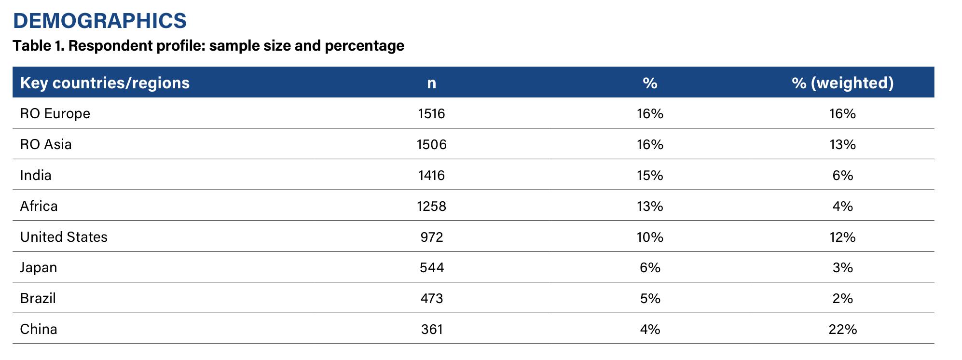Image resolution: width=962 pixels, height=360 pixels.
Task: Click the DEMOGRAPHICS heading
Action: pos(100,21)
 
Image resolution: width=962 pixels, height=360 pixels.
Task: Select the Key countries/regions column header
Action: pos(105,83)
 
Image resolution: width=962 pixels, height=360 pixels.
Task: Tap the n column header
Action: pos(432,83)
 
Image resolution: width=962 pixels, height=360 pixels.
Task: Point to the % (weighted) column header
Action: pos(842,83)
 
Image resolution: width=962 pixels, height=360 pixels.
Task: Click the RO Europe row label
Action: pos(55,114)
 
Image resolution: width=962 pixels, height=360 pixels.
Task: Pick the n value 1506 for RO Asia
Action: pos(432,145)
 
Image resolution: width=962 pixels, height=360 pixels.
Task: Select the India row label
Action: pos(36,175)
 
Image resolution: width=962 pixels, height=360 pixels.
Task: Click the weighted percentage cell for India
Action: pos(843,176)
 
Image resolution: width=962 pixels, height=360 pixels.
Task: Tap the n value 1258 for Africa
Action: pos(432,207)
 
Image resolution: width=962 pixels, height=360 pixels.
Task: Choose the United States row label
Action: pos(64,237)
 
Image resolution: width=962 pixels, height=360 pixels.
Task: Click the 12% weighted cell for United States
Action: pos(843,237)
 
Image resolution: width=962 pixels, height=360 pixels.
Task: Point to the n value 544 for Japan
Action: pos(432,268)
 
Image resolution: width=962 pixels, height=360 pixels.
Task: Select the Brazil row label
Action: pos(38,298)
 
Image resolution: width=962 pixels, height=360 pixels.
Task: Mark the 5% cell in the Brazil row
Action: pos(650,299)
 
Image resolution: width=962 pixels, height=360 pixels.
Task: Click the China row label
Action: pos(39,329)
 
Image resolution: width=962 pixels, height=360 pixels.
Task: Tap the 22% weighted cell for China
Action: pos(843,330)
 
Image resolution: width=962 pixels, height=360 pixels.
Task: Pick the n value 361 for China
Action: pos(432,330)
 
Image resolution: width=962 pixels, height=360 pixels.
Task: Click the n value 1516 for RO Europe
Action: pos(432,114)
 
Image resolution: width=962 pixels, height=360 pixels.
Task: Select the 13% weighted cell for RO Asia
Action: pos(843,145)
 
